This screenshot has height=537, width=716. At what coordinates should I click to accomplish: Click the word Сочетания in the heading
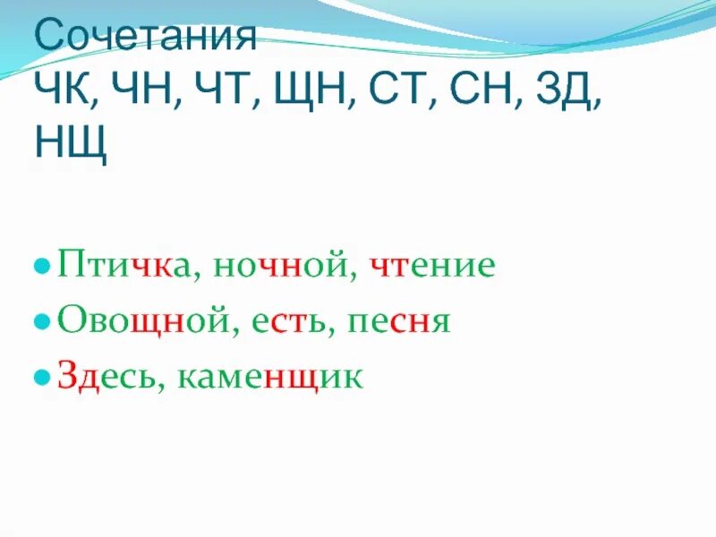pyautogui.click(x=145, y=38)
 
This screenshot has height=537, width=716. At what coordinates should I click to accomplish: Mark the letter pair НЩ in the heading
pyautogui.click(x=71, y=144)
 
